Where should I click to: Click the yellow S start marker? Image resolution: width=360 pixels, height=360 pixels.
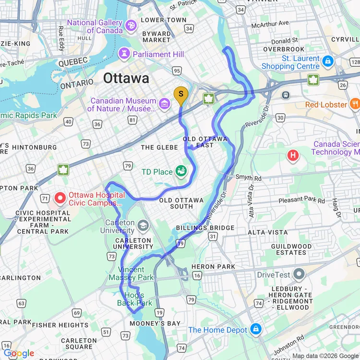point(180,95)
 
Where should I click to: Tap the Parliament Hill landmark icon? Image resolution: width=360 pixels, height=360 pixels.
point(125,54)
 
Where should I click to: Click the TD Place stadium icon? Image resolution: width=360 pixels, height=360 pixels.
point(181,170)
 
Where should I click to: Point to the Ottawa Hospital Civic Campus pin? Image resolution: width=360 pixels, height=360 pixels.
point(61,197)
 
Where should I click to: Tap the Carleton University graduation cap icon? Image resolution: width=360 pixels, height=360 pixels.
point(143,225)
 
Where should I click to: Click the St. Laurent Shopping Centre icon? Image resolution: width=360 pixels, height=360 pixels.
point(328,61)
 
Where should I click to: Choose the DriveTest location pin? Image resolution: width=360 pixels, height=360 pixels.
point(299,274)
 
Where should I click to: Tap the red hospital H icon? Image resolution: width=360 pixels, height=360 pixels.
point(292,155)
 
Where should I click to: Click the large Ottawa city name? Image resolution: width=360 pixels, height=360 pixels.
point(126,78)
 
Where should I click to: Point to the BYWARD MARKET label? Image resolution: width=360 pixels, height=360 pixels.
point(156,37)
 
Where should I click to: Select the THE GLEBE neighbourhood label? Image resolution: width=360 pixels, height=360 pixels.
point(159,147)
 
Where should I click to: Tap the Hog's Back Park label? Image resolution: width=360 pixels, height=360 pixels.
point(134,299)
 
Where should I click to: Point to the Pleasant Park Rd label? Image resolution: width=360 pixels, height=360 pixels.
point(301,200)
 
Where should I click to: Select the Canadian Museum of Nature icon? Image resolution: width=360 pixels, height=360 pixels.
point(165,103)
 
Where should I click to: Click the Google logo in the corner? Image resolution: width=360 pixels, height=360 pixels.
point(18,353)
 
